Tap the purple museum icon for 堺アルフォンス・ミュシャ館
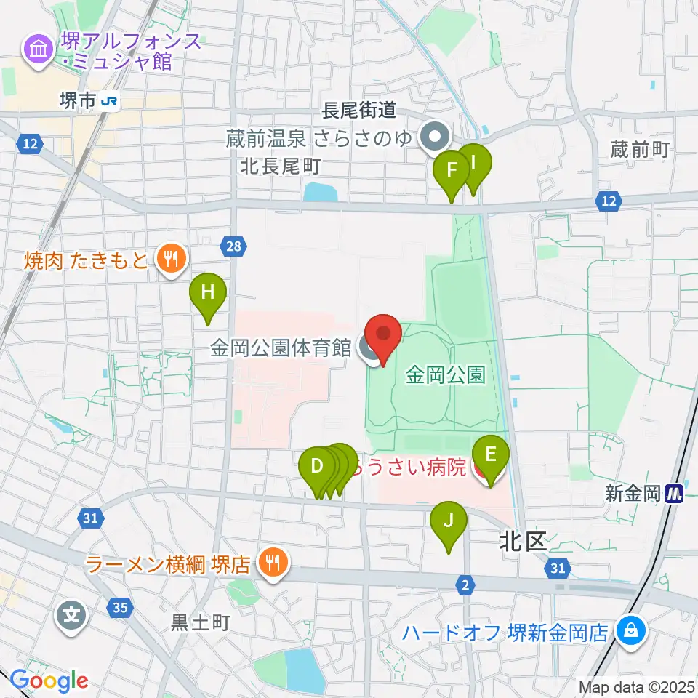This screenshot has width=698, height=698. coord(36,49)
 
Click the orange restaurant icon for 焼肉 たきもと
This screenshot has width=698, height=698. coord(170,257)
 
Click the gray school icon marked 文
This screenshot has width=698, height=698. coord(71,617)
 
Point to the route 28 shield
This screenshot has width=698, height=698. coord(233,247)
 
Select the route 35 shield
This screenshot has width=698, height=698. coord(121,606)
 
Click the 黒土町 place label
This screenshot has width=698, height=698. coord(200,622)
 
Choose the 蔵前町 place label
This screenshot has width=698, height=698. coord(640,150)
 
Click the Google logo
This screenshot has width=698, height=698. coord(49,681)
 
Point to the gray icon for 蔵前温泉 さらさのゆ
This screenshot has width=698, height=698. coord(435,135)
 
